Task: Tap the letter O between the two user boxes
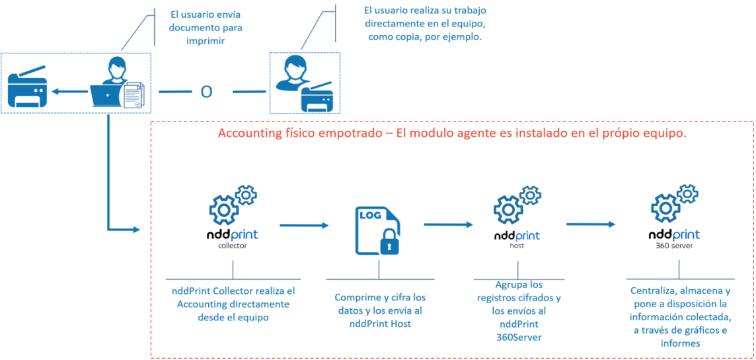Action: pos(206,92)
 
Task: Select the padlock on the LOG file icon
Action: pos(390,244)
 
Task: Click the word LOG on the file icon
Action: pos(371,216)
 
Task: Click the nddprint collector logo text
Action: pos(232,236)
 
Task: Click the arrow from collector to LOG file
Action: pos(304,226)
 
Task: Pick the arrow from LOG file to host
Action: pos(449,225)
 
